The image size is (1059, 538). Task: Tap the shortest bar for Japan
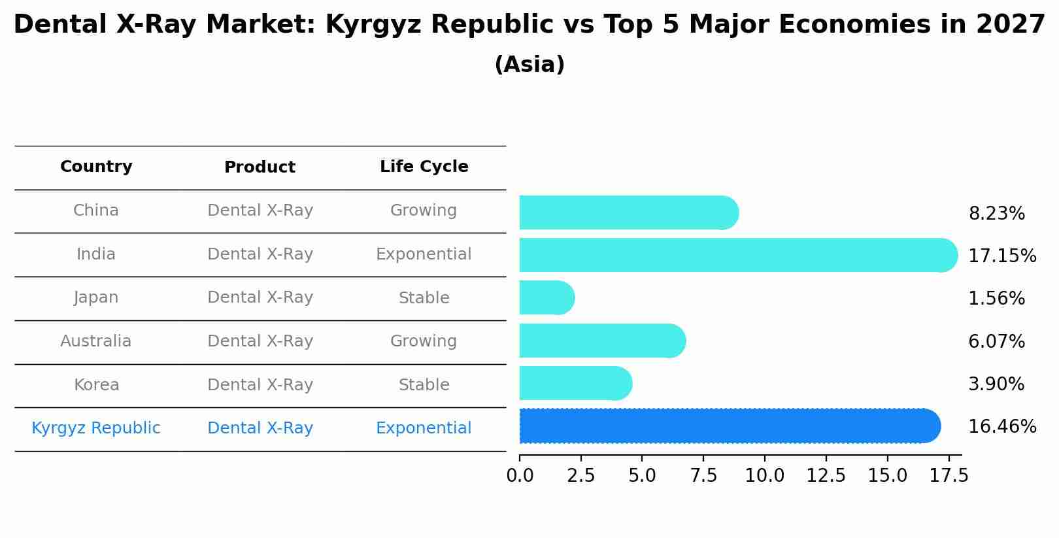tap(546, 298)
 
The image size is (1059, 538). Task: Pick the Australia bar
tap(601, 341)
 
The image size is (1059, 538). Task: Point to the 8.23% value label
tap(996, 214)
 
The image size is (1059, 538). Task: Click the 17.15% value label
tap(1001, 256)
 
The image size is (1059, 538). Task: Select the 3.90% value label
tap(996, 384)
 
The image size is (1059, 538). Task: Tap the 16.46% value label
tap(1001, 427)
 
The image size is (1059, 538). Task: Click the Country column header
tap(96, 167)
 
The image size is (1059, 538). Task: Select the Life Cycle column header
tap(424, 167)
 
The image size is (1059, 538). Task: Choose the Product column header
tap(260, 167)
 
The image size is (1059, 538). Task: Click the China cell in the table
tap(96, 210)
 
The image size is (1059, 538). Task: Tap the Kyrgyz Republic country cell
tap(96, 428)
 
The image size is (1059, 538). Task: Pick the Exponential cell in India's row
tap(424, 254)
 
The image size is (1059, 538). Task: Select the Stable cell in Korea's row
tap(424, 385)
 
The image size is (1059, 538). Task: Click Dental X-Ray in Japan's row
tap(260, 297)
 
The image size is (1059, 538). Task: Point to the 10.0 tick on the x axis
tap(764, 476)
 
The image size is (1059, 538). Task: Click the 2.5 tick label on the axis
tap(580, 476)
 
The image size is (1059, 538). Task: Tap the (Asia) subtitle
tap(529, 65)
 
